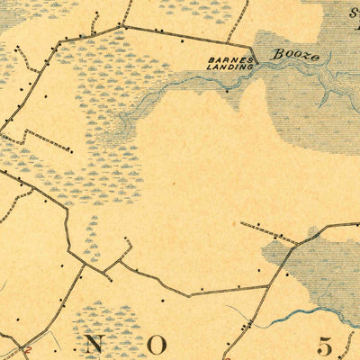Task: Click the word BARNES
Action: (x=223, y=60)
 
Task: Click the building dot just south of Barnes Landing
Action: (x=228, y=90)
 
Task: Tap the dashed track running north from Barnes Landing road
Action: (x=238, y=22)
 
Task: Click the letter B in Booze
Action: (x=277, y=54)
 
